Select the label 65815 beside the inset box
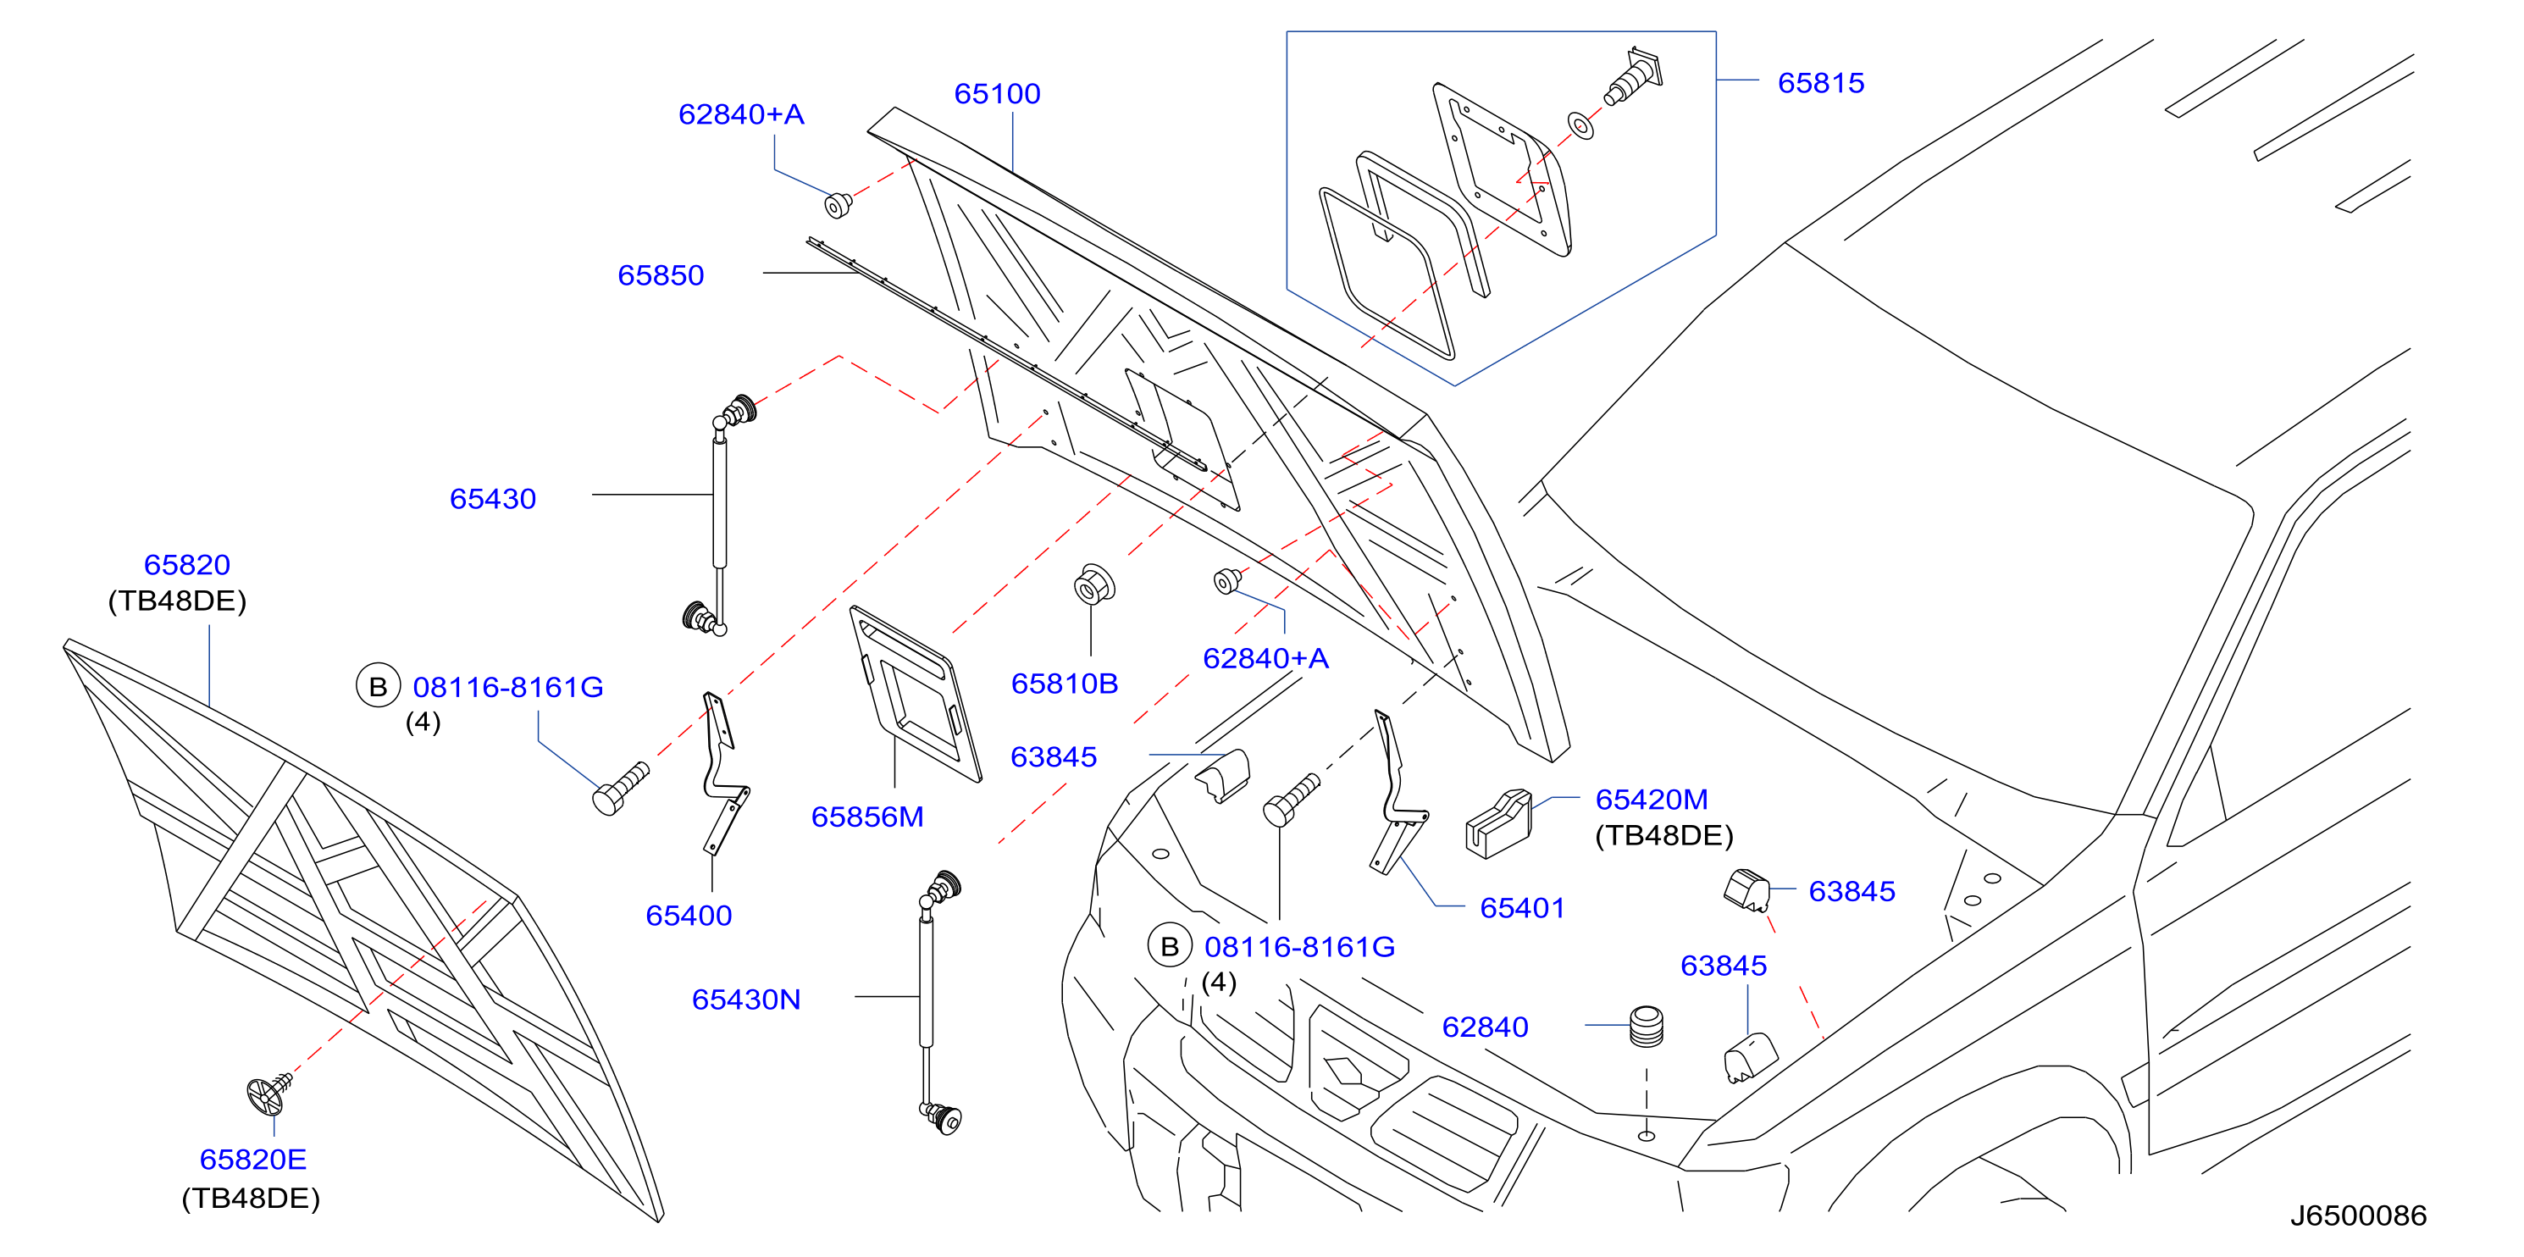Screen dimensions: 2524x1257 tap(1820, 83)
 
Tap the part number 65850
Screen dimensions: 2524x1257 tap(661, 275)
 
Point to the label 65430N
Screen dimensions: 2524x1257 tap(745, 1000)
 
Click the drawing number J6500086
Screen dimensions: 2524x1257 tap(2357, 1215)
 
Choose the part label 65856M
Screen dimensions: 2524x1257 tap(867, 817)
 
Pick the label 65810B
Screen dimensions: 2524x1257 tap(1064, 684)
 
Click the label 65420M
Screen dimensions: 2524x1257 tap(1651, 800)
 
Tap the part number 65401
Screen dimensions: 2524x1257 tap(1522, 908)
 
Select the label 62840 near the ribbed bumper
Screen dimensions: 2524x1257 tap(1485, 1027)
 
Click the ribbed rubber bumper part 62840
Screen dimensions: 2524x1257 tap(1646, 1026)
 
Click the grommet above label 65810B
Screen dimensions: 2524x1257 tap(1094, 585)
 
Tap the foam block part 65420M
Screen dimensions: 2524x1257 tap(1498, 823)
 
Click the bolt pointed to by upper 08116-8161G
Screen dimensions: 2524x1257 tap(620, 789)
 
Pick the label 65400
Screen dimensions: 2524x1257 tap(688, 916)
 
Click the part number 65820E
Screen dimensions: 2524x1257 tap(252, 1160)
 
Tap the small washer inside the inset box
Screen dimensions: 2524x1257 tap(1580, 125)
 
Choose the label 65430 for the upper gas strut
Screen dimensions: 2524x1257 tap(492, 500)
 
